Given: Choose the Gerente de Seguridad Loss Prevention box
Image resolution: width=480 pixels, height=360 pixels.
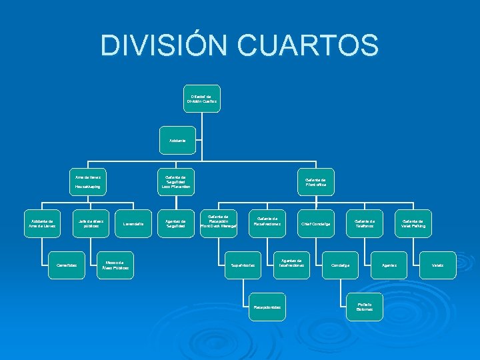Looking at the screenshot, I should [x=176, y=182].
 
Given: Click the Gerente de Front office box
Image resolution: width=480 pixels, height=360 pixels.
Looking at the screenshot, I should [x=315, y=182].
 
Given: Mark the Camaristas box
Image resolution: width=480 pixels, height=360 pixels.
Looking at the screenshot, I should [x=67, y=265].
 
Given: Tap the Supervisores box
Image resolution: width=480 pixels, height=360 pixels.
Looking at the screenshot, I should [x=243, y=265].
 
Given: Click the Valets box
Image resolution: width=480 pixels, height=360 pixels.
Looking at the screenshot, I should [x=438, y=265].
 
